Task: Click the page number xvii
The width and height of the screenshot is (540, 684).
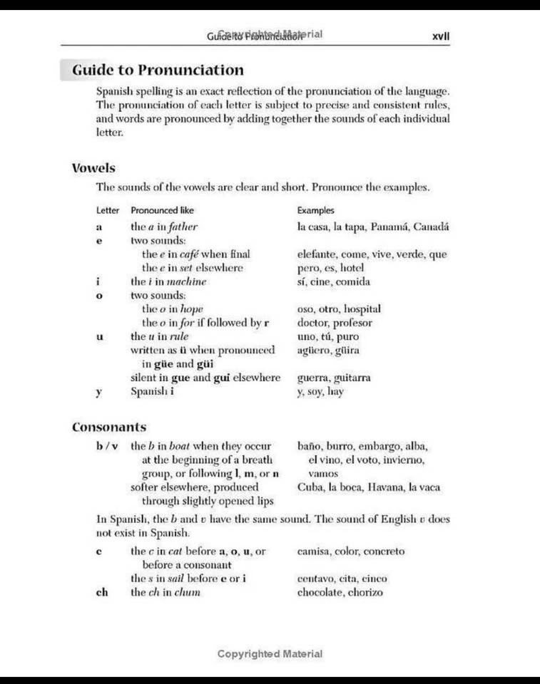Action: [441, 36]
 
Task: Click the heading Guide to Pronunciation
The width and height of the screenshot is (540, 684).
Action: [158, 70]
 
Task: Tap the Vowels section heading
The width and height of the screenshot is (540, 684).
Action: [93, 168]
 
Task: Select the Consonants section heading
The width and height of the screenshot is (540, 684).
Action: [109, 427]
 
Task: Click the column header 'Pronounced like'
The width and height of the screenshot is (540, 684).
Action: [162, 211]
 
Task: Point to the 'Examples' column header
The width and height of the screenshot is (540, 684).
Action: [315, 211]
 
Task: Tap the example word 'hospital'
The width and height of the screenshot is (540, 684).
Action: [360, 309]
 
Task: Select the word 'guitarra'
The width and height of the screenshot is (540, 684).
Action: [349, 378]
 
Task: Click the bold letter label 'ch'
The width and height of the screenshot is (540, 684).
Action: [102, 592]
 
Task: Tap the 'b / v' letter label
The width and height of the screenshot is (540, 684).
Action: [106, 447]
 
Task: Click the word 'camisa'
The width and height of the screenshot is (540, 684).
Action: [315, 551]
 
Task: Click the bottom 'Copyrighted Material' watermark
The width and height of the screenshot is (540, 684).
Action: [270, 653]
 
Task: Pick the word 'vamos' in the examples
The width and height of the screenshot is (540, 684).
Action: [323, 474]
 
